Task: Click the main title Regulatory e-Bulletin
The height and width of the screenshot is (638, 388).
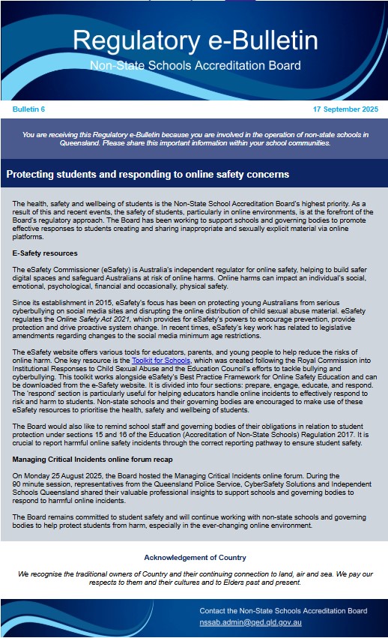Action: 193,41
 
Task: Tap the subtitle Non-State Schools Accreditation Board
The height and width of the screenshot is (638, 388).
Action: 195,66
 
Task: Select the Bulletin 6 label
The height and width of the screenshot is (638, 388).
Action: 28,109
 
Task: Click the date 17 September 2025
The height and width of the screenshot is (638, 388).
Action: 345,109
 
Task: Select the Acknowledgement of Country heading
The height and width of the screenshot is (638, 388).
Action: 194,558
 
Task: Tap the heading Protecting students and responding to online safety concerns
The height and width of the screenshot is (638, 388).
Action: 148,175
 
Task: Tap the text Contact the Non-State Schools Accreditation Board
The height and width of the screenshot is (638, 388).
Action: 283,611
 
